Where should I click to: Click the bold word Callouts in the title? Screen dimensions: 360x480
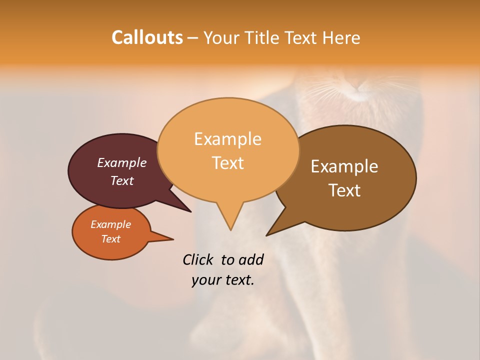click(147, 37)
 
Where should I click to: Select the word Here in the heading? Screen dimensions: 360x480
click(341, 37)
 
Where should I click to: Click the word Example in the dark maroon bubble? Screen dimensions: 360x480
click(122, 163)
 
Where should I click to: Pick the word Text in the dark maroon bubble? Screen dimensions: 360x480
click(122, 180)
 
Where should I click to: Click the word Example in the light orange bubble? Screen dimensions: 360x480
click(227, 139)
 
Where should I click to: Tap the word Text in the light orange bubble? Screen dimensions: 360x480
click(227, 163)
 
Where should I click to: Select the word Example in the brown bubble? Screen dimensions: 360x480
click(344, 166)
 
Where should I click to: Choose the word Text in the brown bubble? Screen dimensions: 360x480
click(344, 190)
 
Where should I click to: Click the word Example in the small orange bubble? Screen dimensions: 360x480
click(110, 224)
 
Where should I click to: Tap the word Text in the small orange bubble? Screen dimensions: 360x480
click(110, 239)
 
